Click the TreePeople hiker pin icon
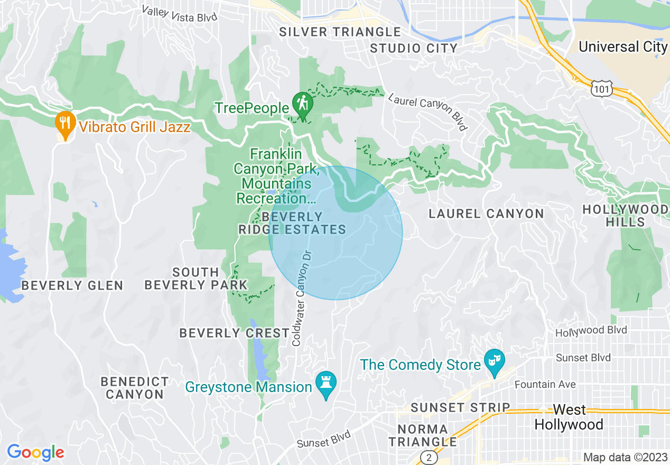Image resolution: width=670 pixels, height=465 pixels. pos(302,103)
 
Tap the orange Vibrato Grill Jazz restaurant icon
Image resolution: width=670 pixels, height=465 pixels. pos(64,124)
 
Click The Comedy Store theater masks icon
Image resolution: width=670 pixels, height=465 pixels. pos(495,361)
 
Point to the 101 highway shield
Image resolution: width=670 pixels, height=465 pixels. pos(603,89)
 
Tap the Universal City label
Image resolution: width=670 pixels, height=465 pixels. pos(623,46)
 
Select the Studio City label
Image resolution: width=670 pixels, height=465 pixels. pos(413,49)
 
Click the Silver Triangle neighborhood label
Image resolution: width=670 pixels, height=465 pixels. pos(340,32)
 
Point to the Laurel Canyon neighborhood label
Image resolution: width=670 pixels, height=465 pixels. pos(486,214)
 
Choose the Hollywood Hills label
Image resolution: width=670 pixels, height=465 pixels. pos(625,216)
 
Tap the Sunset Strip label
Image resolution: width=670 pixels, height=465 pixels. pos(460,408)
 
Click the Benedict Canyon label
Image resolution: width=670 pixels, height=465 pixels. pos(135,388)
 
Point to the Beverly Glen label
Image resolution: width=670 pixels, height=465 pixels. pos(72,286)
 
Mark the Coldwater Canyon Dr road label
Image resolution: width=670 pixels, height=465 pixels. pos(303,298)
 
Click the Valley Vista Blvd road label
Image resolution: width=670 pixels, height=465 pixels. pos(180,14)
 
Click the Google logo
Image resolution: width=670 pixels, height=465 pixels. pos(35,452)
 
